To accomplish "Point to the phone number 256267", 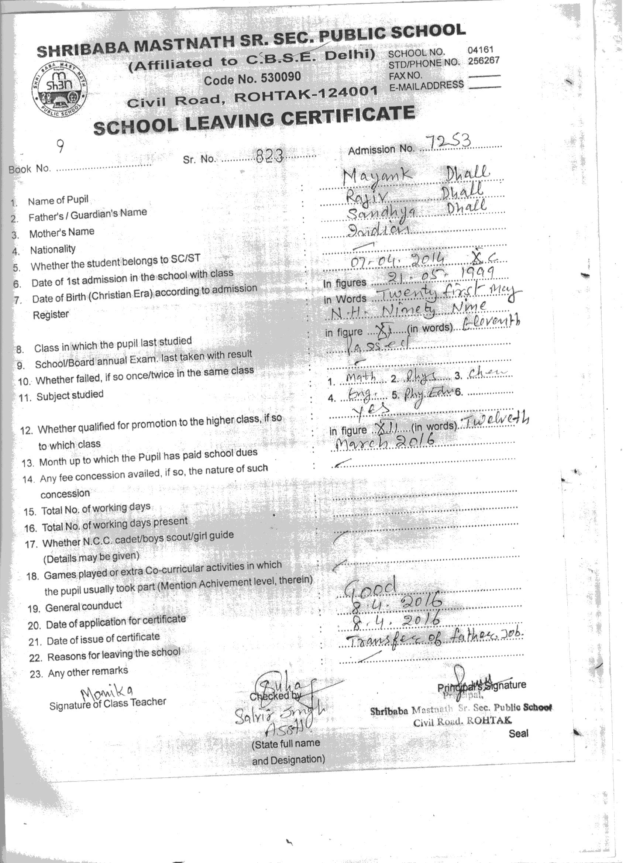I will tap(483, 61).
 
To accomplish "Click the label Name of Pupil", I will tap(58, 200).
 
